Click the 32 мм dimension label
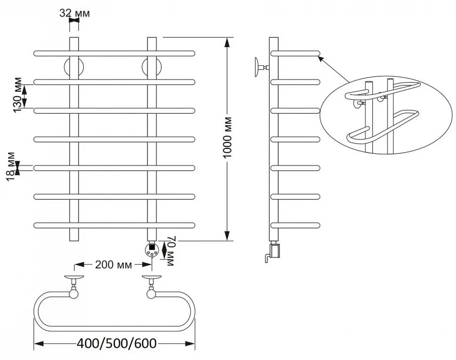pyautogui.click(x=74, y=13)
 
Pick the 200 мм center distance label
pyautogui.click(x=113, y=265)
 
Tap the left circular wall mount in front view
pyautogui.click(x=74, y=67)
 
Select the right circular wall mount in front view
pyautogui.click(x=152, y=67)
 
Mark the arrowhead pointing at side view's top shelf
pyautogui.click(x=321, y=58)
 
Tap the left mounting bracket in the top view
pyautogui.click(x=74, y=287)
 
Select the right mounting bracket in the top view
pyautogui.click(x=151, y=287)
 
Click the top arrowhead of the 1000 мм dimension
pyautogui.click(x=227, y=41)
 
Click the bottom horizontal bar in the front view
pyautogui.click(x=114, y=225)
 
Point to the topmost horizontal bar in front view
pyautogui.click(x=114, y=53)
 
